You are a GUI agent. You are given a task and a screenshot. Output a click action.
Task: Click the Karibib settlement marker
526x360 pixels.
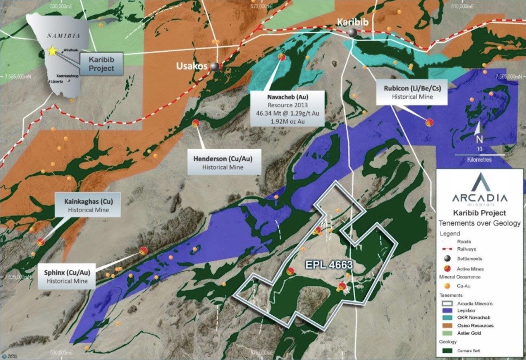pyautogui.click(x=352, y=33)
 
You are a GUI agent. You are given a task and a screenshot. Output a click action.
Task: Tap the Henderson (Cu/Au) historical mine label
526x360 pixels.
pyautogui.click(x=223, y=162)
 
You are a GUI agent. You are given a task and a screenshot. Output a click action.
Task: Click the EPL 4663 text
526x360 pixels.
pyautogui.click(x=328, y=265)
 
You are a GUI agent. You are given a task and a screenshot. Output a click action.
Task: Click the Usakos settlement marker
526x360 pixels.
pyautogui.click(x=214, y=66)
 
